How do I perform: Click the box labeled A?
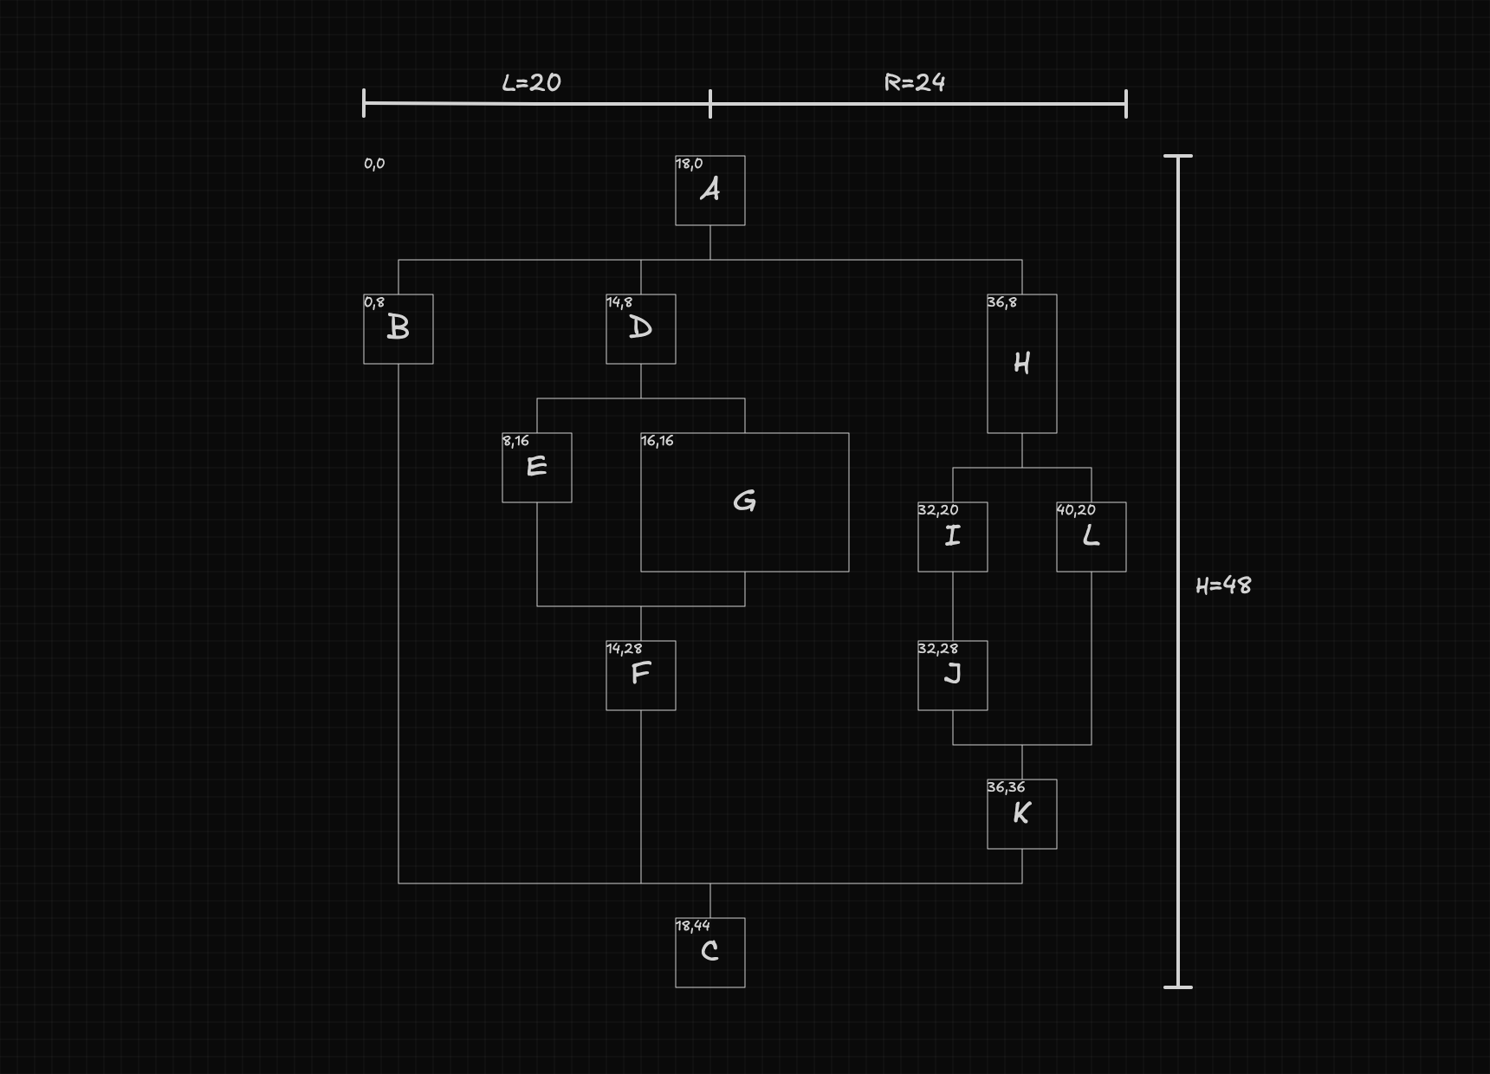[710, 191]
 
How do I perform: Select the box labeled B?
[398, 329]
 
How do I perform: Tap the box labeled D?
[641, 329]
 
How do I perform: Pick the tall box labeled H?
[1022, 364]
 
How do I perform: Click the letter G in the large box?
[744, 501]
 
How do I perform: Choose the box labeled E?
[537, 468]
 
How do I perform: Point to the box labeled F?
[641, 676]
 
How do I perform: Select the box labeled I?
[953, 537]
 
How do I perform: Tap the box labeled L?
[1092, 537]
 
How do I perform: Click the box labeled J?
[953, 676]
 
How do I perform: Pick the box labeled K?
[1022, 814]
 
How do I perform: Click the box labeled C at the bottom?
[710, 953]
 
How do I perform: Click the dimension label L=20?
[531, 82]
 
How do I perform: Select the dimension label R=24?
[914, 82]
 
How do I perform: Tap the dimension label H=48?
[1223, 586]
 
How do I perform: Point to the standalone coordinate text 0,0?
[374, 164]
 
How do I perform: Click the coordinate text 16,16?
[658, 441]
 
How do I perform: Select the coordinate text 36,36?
[1006, 787]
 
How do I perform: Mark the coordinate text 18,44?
[693, 926]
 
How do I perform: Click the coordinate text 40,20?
[1076, 510]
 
